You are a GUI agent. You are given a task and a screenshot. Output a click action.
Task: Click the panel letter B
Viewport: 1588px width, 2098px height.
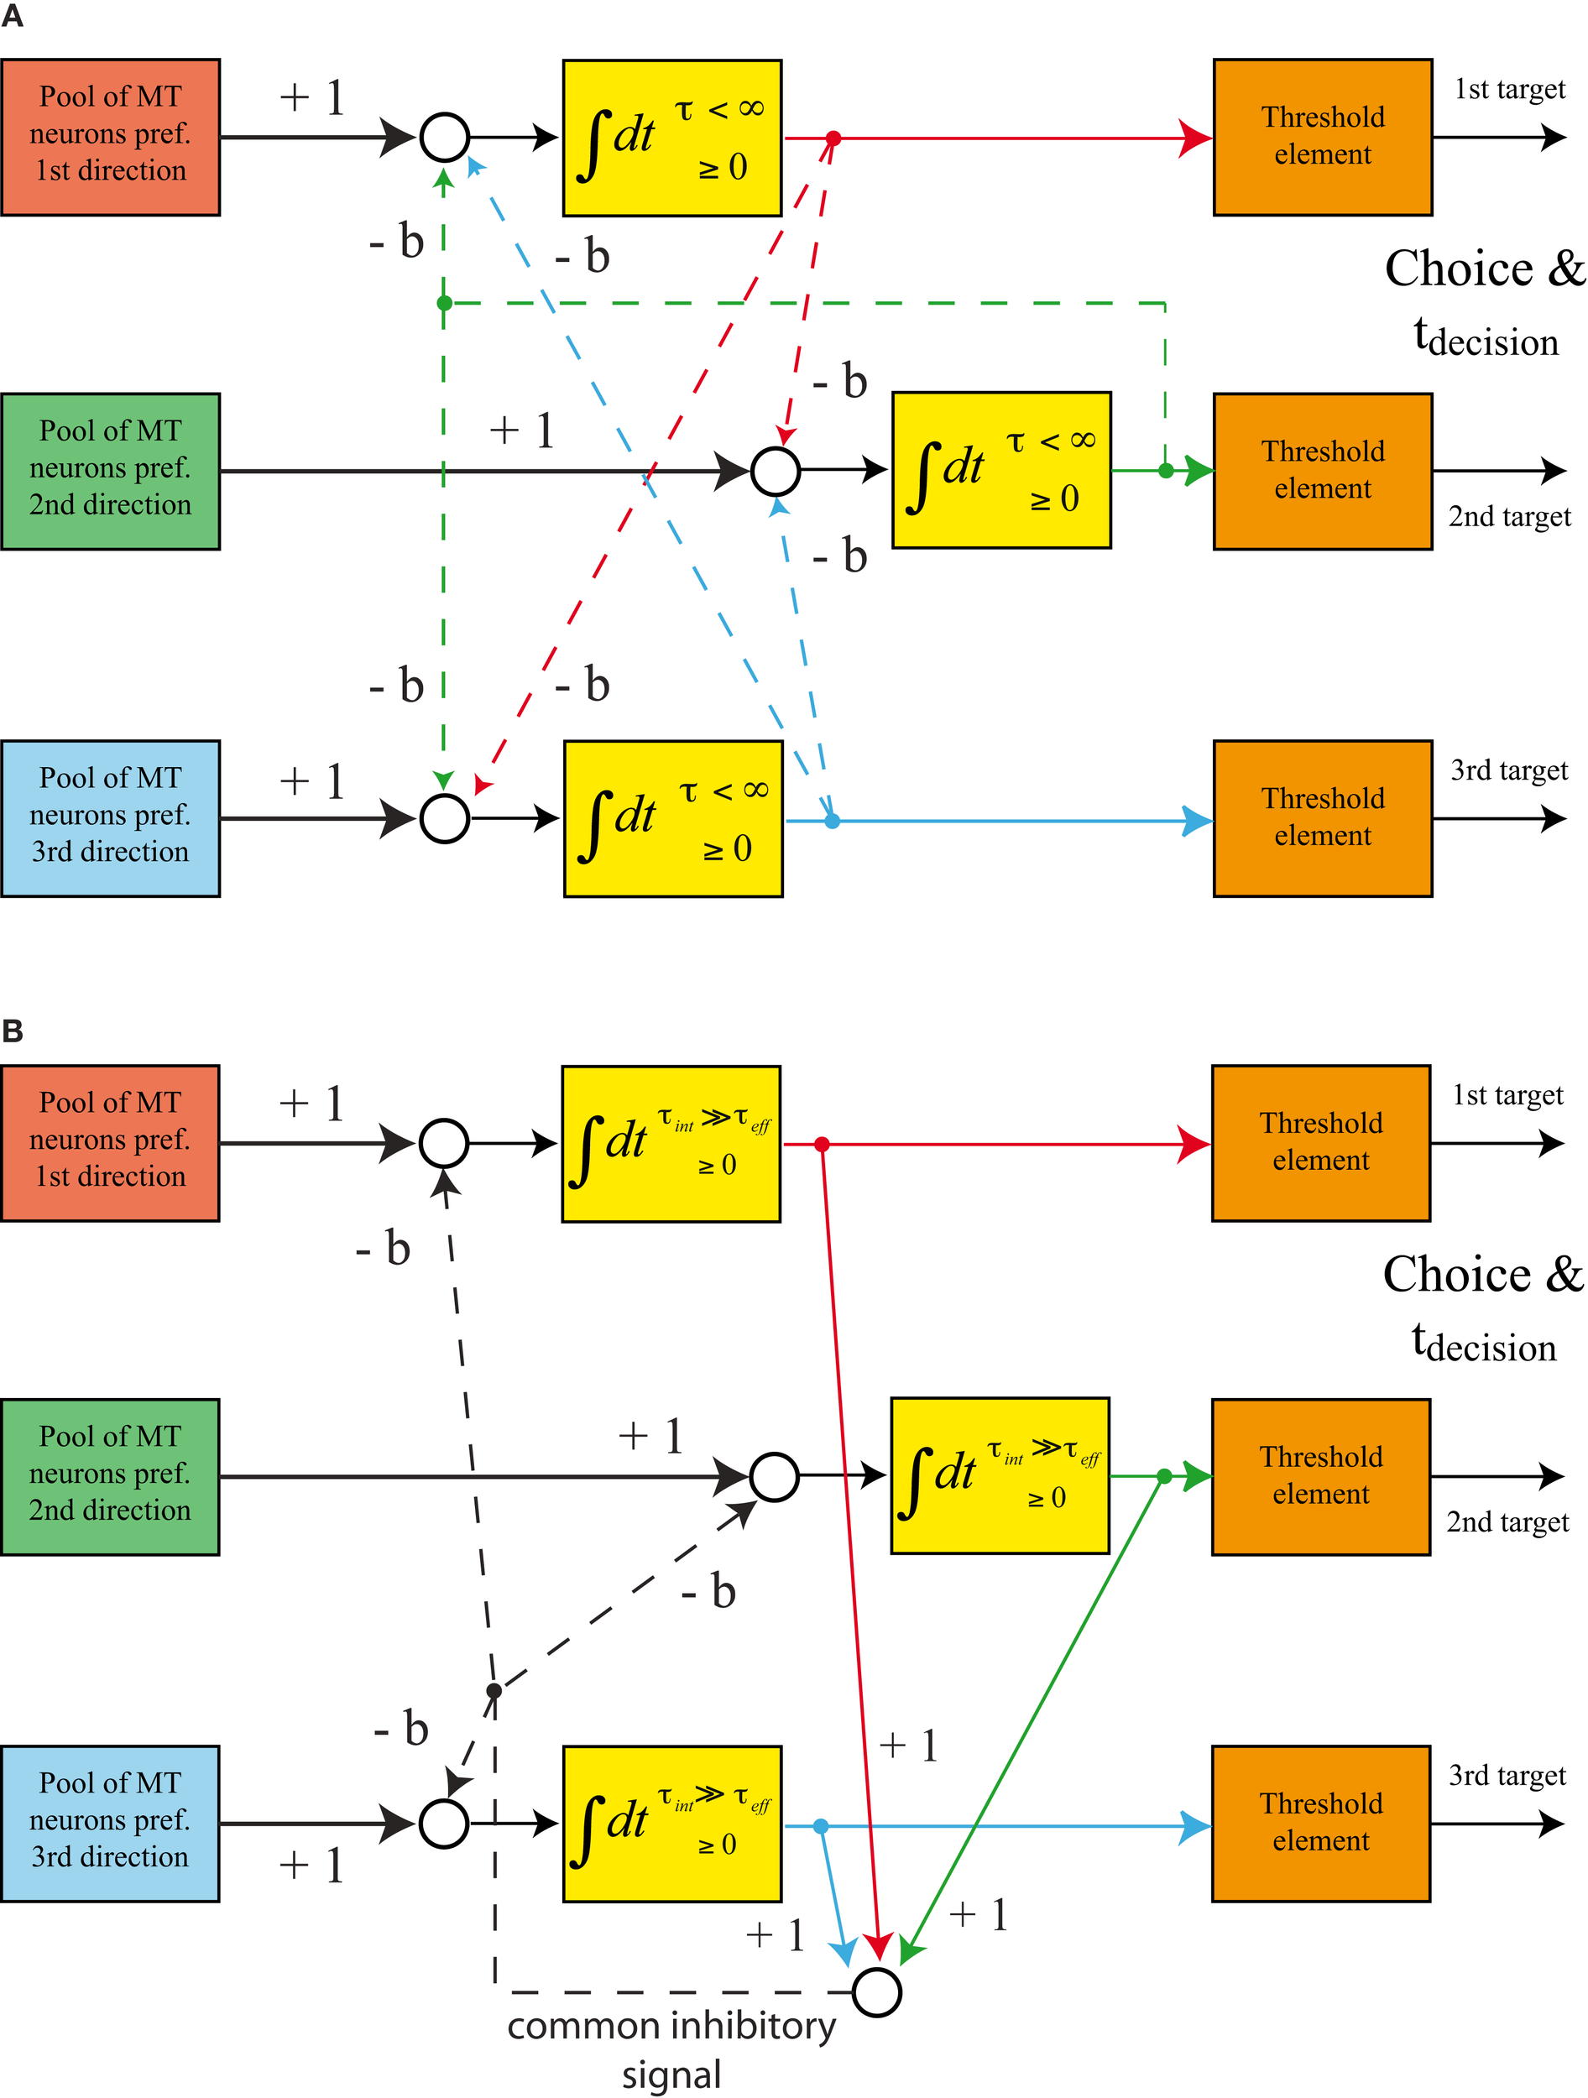[13, 1031]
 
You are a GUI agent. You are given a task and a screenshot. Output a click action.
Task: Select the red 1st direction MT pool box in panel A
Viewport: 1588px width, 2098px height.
[110, 138]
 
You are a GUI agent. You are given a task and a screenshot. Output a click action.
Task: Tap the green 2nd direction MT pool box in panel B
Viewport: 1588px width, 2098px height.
[110, 1476]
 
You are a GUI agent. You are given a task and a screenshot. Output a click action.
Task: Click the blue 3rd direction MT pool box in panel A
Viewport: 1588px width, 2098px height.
[110, 818]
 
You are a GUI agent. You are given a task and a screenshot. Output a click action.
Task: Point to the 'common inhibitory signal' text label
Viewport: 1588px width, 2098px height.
[671, 2049]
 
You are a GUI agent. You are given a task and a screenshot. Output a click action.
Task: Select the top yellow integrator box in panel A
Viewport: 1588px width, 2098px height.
[671, 138]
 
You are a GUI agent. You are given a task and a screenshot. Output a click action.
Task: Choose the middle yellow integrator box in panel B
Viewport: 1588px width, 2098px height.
[1000, 1476]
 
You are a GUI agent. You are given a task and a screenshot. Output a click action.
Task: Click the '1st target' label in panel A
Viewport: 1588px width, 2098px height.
[1509, 89]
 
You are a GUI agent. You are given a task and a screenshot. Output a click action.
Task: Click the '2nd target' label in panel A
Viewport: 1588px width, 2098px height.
[1509, 516]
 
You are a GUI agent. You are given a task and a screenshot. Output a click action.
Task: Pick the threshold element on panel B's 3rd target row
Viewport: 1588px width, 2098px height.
[1320, 1823]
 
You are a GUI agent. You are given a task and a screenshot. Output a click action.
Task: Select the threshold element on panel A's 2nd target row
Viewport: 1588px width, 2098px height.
[1323, 471]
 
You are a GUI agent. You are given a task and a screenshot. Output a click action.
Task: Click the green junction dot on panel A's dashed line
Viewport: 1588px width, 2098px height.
[444, 304]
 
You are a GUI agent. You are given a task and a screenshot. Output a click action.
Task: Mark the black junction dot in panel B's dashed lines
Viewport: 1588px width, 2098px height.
[494, 1691]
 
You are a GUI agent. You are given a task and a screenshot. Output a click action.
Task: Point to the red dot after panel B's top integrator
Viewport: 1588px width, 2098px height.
[822, 1145]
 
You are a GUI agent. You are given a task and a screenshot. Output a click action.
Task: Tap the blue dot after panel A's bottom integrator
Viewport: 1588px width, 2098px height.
[832, 822]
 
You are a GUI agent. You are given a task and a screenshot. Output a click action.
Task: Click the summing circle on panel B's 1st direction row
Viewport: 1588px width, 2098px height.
[444, 1143]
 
